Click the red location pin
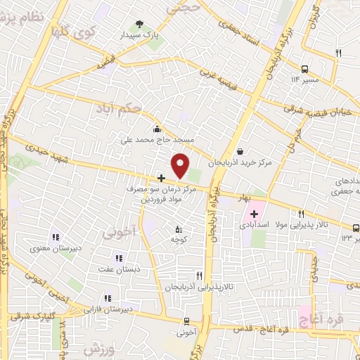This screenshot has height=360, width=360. tap(181, 165)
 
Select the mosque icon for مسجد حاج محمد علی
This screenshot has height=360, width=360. tap(156, 129)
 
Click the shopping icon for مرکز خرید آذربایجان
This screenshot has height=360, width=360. tap(240, 151)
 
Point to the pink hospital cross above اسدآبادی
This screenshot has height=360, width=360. tap(254, 214)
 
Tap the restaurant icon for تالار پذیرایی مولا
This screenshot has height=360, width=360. tap(302, 214)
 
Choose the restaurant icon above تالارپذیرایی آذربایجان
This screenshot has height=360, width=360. tap(200, 276)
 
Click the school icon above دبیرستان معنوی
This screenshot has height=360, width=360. tap(55, 237)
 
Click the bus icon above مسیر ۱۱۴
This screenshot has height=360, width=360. tap(305, 69)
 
